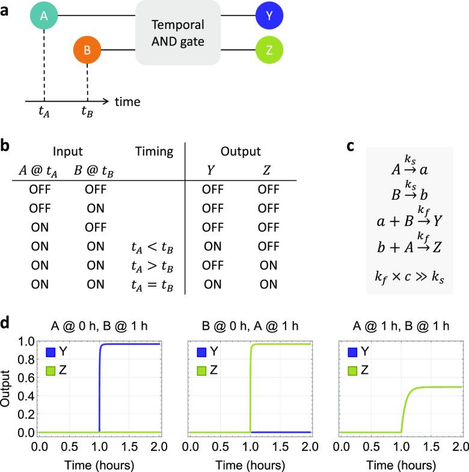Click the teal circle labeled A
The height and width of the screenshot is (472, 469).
[x=44, y=16]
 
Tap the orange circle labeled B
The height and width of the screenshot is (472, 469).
[x=87, y=50]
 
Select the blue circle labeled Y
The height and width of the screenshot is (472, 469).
[x=269, y=16]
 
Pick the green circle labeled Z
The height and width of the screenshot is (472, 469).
[x=269, y=50]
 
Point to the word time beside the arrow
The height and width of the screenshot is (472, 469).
[x=127, y=102]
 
